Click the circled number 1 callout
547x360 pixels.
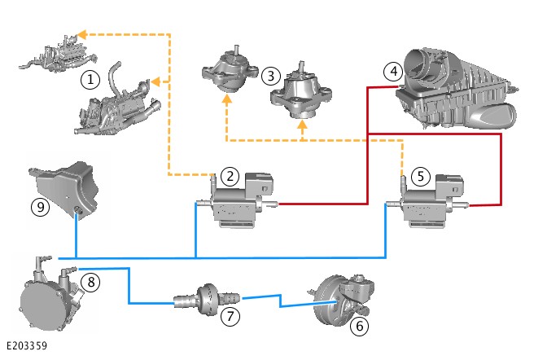tap(90, 80)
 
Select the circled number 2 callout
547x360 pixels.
tap(231, 175)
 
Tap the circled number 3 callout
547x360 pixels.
tap(270, 76)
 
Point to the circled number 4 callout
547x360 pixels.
tap(394, 72)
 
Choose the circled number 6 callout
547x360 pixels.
tap(357, 326)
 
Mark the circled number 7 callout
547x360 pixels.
tap(230, 314)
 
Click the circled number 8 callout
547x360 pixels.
tap(93, 283)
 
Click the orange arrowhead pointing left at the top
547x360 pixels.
tap(81, 35)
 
